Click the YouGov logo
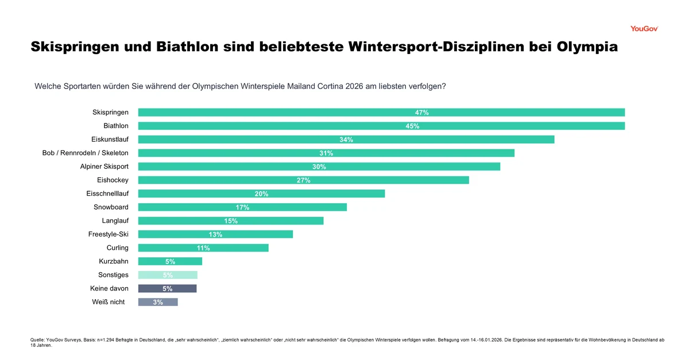coord(644,28)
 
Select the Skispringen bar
coord(381,113)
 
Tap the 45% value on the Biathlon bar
coord(412,126)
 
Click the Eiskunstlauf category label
coord(110,140)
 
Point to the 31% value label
coord(326,153)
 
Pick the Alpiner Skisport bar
coord(319,167)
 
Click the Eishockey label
coord(113,180)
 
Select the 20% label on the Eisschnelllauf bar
coord(261,194)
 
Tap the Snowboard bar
coord(242,207)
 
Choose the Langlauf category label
coord(115,220)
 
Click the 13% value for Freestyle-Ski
coord(215,234)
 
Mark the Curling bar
coord(203,248)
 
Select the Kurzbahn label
coord(114,261)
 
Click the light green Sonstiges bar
coord(168,275)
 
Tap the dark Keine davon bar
coord(167,289)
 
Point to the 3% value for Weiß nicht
coord(158,303)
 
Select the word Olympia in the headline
coord(587,47)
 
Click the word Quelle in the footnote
coord(37,340)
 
